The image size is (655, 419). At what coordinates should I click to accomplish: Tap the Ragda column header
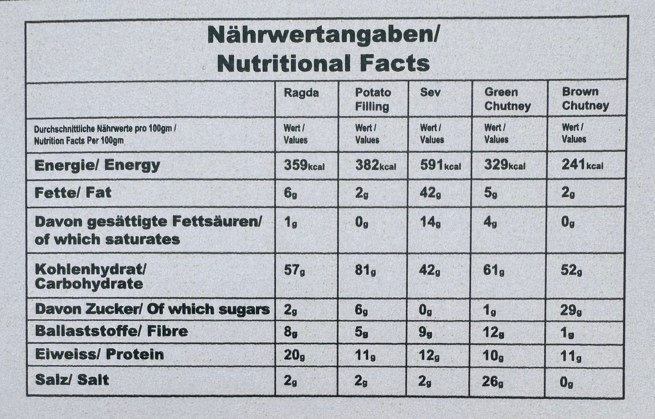click(x=301, y=93)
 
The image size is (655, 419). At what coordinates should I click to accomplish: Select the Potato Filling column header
click(x=373, y=100)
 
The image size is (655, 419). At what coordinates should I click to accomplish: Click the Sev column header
click(x=430, y=93)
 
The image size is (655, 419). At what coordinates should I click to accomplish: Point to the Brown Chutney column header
click(x=585, y=99)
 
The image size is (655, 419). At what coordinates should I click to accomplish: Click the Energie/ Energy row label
click(x=97, y=165)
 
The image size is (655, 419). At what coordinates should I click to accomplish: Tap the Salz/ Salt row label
click(x=72, y=380)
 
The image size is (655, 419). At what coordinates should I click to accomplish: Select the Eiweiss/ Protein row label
click(x=100, y=354)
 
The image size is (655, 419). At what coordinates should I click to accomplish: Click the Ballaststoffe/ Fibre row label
click(x=112, y=331)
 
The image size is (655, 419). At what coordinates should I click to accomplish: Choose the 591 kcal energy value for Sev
click(x=441, y=165)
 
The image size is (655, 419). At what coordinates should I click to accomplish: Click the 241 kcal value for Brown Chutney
click(x=582, y=165)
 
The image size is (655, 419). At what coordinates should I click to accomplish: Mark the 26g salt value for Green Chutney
click(x=492, y=382)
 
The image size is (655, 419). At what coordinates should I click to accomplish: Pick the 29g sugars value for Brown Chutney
click(x=571, y=310)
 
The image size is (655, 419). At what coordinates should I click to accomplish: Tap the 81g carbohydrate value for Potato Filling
click(x=365, y=270)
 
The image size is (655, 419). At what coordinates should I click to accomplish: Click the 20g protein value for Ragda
click(x=294, y=355)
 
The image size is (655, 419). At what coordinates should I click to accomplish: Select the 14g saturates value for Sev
click(x=430, y=223)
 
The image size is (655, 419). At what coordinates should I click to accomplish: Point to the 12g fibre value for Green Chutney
click(x=493, y=332)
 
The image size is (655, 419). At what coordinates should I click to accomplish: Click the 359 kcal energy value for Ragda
click(x=304, y=165)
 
